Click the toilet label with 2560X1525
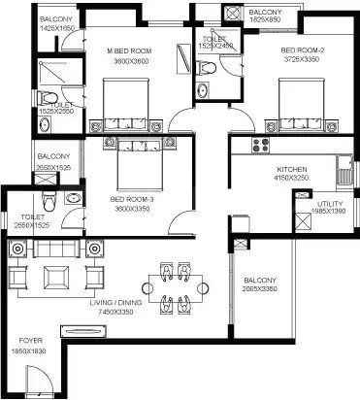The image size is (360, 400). (31, 218)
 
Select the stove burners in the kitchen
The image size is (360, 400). (259, 147)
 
